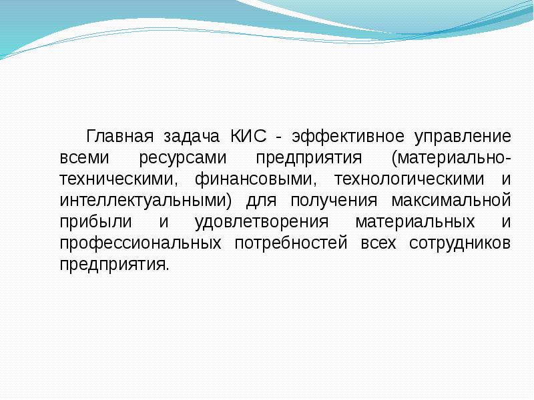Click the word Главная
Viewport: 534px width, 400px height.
[x=119, y=137]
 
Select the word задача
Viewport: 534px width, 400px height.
[x=192, y=137]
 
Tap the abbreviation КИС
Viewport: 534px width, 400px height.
[x=248, y=136]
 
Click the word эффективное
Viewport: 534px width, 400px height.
[x=348, y=137]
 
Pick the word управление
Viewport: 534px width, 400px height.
[x=463, y=137]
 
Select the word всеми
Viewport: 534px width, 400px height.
[x=85, y=158]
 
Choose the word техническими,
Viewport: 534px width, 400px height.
[x=119, y=180]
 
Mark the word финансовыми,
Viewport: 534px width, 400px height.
[x=256, y=179]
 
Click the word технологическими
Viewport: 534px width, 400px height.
[x=409, y=180]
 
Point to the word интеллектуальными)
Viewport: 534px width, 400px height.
[x=146, y=201]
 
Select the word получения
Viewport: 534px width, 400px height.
[x=334, y=201]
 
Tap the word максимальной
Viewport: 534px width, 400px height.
[x=451, y=201]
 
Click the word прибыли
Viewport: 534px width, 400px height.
[x=95, y=222]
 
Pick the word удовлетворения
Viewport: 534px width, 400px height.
[x=262, y=223]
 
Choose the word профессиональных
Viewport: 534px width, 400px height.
[x=141, y=243]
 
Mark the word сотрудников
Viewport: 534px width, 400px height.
[x=460, y=243]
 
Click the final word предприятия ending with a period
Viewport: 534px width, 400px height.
[x=114, y=265]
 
